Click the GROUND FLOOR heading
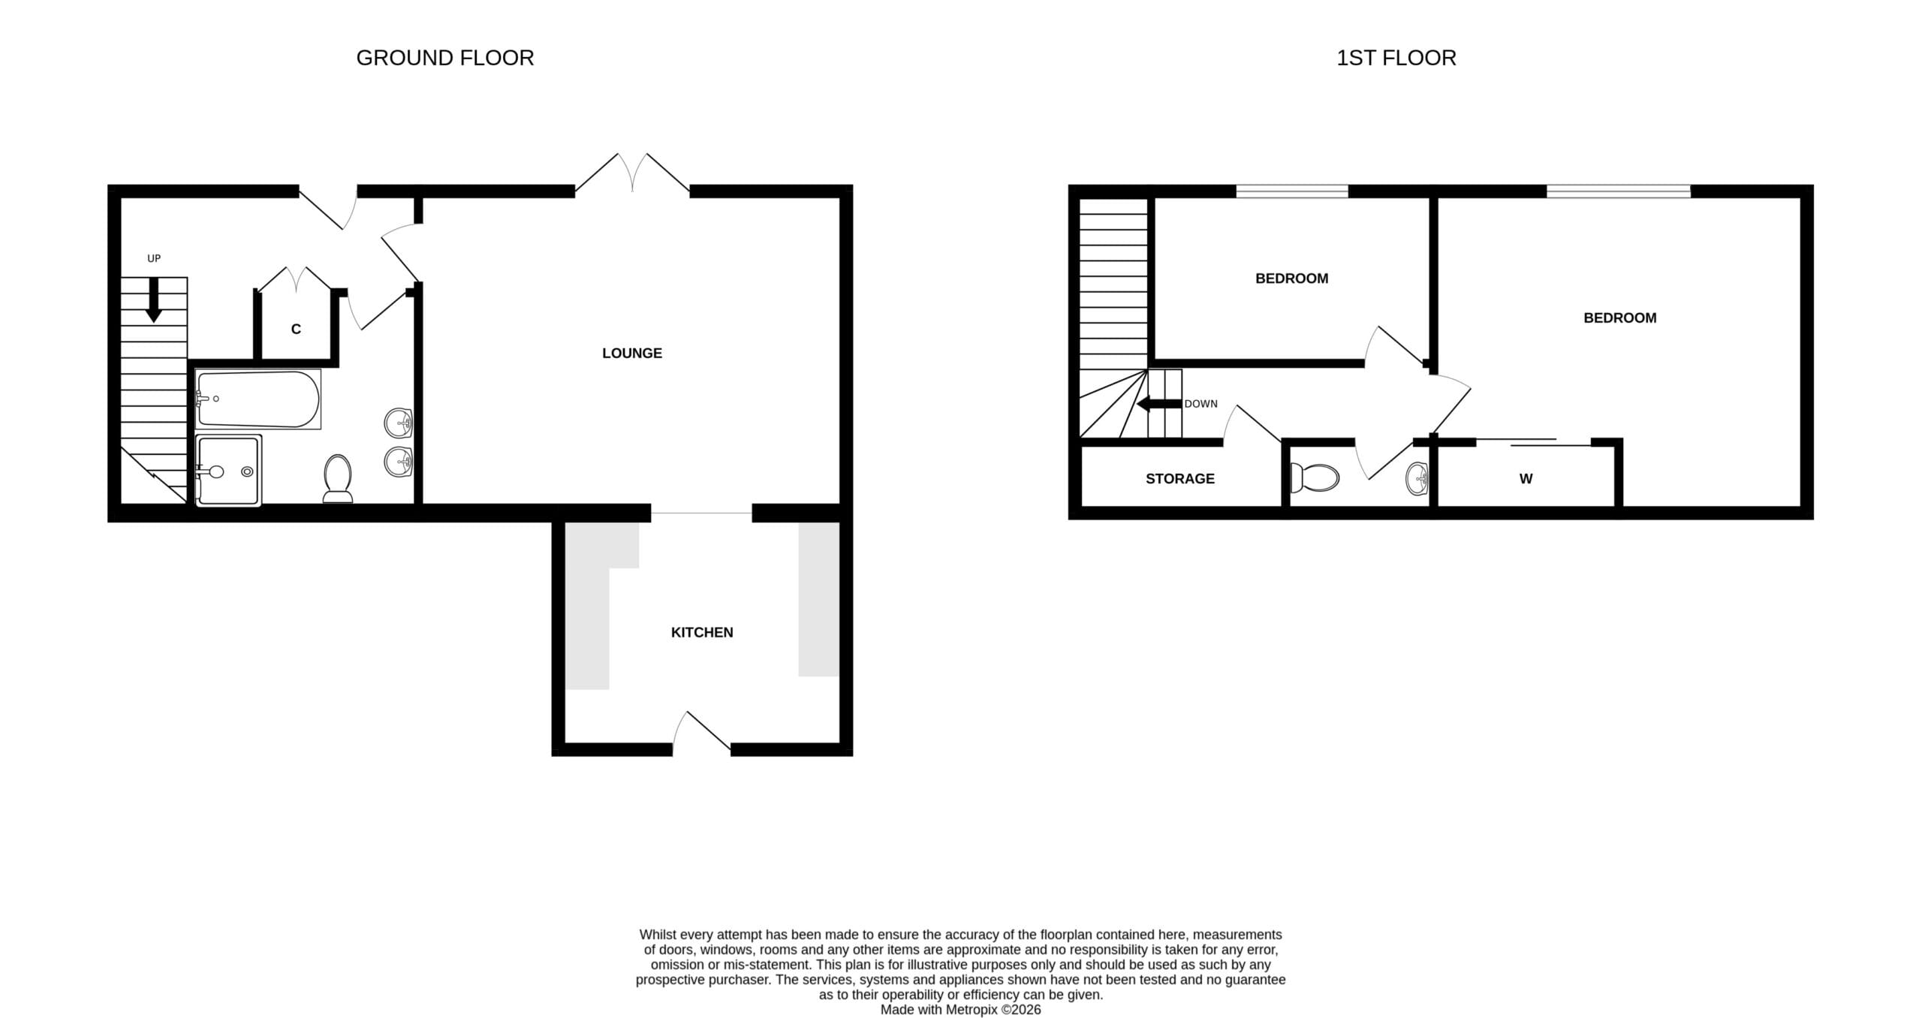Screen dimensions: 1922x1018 point(444,58)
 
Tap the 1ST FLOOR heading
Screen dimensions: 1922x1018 point(1396,58)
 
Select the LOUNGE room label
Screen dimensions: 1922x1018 point(632,353)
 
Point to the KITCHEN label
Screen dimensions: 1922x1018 point(702,632)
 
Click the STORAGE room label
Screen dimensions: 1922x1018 point(1179,478)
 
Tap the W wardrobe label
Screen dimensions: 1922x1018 point(1526,478)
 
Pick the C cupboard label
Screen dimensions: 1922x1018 point(296,329)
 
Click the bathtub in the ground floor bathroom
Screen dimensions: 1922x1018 point(258,399)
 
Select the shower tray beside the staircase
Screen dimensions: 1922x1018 point(228,470)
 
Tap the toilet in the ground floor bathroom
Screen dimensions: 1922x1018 point(338,477)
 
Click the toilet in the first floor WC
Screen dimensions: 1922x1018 point(1314,477)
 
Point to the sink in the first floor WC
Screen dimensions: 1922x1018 point(1417,478)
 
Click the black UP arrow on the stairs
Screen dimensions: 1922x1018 point(154,300)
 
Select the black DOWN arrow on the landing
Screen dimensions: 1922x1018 point(1159,405)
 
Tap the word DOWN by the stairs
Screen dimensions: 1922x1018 point(1201,404)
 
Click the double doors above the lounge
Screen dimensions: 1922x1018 point(632,173)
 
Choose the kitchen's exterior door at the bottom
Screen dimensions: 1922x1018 point(702,732)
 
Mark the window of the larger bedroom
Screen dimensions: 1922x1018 point(1619,191)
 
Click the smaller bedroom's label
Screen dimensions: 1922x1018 point(1291,279)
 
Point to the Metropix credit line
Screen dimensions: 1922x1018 point(960,1010)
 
